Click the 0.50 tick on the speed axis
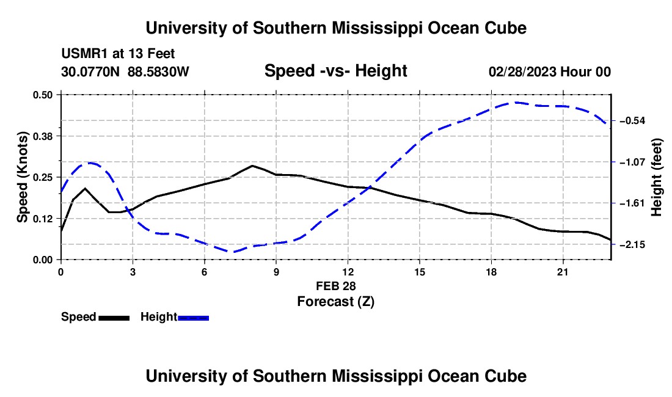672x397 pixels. pos(42,95)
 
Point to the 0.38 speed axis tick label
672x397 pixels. pos(42,136)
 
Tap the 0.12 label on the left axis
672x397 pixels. pos(42,219)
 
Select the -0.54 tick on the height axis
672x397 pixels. pos(632,121)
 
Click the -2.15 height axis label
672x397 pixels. pos(632,244)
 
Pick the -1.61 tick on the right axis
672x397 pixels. pos(632,203)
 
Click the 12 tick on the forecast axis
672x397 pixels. pos(348,272)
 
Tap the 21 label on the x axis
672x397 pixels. pos(563,272)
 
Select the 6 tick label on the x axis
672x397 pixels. pos(205,272)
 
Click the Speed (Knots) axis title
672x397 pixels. pos(22,177)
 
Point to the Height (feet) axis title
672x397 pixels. pos(656,177)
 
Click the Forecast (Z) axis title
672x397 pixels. pos(336,302)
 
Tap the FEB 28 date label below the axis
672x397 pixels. pos(336,286)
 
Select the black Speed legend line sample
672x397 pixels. pos(114,318)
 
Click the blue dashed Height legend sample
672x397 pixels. pos(193,318)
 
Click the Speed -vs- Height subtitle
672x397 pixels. pos(336,71)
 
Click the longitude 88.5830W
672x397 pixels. pos(158,71)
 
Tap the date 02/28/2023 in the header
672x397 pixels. pos(522,71)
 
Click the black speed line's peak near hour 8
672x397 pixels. pos(252,166)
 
